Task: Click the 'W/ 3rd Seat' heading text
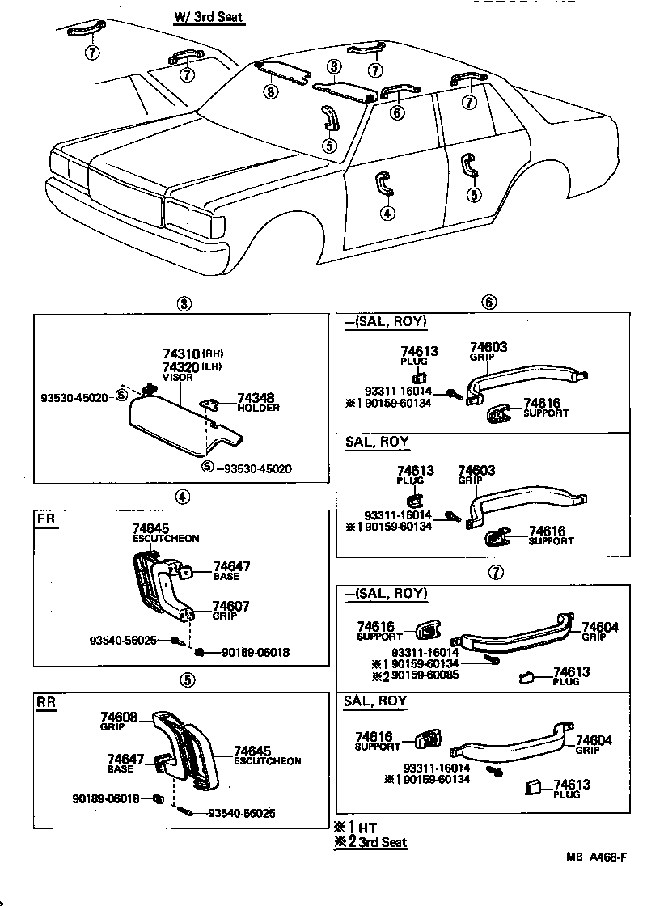(208, 17)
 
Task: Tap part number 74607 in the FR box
(230, 605)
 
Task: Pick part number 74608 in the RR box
(119, 716)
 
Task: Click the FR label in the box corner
(46, 519)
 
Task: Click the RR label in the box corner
(46, 701)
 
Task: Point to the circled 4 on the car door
(387, 214)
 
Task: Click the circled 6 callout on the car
(396, 113)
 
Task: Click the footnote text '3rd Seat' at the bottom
(384, 842)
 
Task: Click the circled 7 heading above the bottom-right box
(496, 573)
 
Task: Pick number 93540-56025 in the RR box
(241, 813)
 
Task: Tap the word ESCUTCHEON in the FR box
(165, 538)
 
